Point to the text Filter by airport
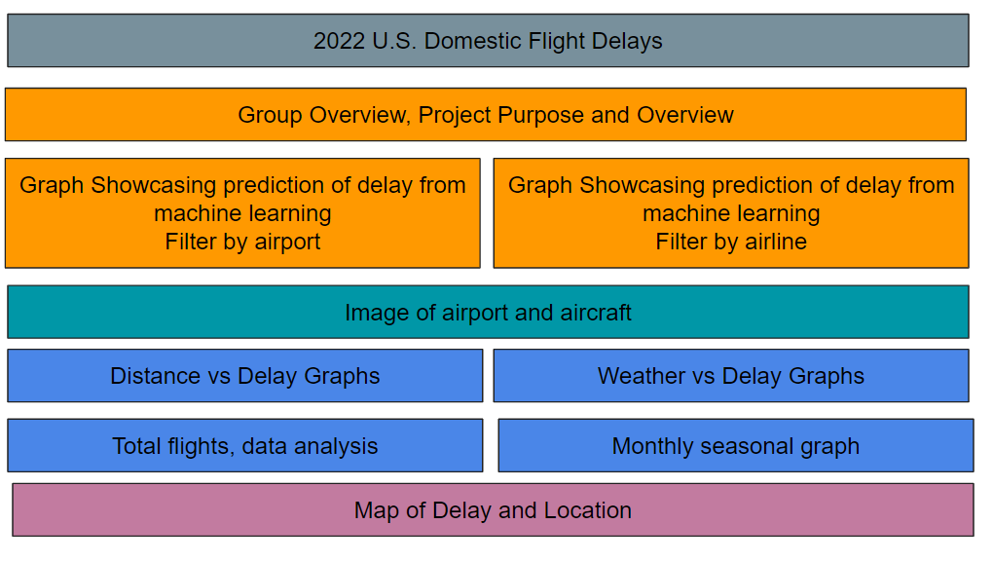(242, 242)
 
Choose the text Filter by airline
(731, 242)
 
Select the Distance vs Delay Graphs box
(245, 376)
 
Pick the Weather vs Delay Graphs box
(731, 376)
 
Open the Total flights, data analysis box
(245, 445)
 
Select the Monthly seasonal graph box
(736, 445)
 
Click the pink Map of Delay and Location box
(493, 510)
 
